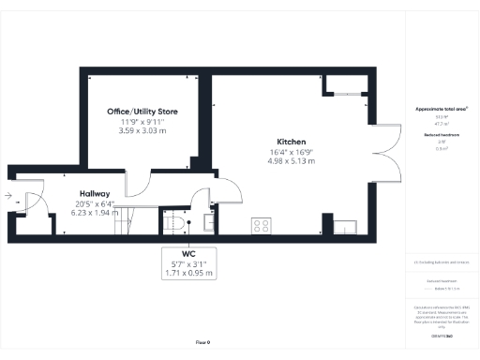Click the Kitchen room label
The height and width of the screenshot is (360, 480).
point(291,142)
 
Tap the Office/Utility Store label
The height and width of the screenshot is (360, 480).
point(142,112)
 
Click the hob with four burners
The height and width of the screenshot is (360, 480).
point(262,226)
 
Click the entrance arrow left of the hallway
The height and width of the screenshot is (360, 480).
point(7,197)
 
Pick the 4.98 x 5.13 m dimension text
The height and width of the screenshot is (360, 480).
point(291,161)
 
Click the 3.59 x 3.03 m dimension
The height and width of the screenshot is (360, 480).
point(142,131)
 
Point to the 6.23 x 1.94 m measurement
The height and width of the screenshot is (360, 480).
point(95,213)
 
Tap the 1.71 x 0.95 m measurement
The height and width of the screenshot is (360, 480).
point(188,274)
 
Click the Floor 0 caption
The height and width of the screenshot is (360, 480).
point(202,343)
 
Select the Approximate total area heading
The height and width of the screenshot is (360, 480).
point(441,109)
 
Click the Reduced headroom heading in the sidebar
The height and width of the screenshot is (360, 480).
point(441,136)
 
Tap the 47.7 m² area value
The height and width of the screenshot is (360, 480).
point(441,123)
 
